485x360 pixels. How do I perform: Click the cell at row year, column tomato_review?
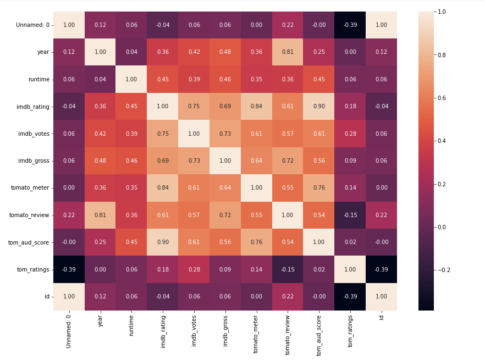click(288, 52)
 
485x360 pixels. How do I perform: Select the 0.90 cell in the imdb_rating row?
click(319, 107)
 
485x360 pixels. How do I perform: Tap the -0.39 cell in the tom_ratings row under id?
click(381, 269)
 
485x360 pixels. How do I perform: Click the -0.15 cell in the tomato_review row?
click(350, 215)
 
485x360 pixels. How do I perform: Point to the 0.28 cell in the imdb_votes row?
click(350, 134)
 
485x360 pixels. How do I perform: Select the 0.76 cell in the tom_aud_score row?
click(256, 242)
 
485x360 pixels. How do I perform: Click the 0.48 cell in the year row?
click(225, 52)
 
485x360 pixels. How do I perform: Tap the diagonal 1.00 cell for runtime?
click(131, 79)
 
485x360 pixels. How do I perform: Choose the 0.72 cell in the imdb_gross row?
click(288, 161)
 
